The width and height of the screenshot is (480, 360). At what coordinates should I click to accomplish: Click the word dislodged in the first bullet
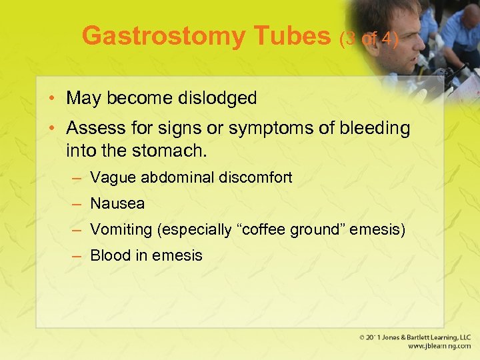217,98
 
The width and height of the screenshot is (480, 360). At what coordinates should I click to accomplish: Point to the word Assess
93,129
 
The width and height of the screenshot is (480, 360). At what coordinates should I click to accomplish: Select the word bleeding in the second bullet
373,129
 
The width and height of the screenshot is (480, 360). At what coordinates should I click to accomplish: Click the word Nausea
117,203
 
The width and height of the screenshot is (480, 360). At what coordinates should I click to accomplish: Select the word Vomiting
121,230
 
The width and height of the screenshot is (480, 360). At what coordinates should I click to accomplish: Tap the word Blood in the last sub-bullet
107,255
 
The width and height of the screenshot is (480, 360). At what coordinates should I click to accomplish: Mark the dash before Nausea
77,204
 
